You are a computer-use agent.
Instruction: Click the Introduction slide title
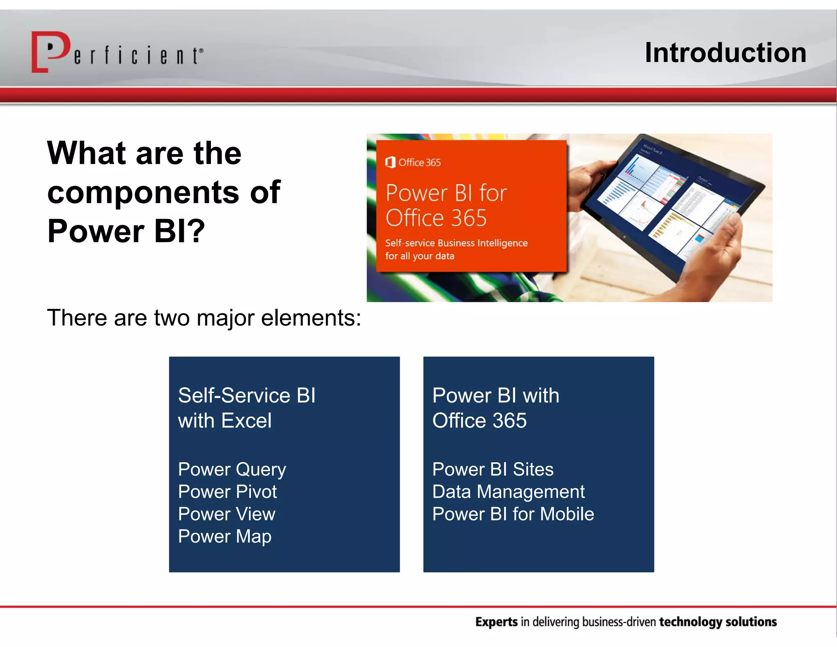[x=725, y=53]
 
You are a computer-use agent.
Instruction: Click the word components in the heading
[x=143, y=192]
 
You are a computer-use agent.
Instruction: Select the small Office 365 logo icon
[x=390, y=162]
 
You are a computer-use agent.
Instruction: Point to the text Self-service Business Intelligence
[x=456, y=243]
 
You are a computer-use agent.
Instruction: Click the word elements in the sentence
[x=311, y=318]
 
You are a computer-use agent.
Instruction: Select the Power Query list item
[x=232, y=470]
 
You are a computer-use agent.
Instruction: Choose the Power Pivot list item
[x=227, y=492]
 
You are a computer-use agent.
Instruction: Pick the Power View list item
[x=226, y=514]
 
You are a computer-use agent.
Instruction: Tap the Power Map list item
[x=224, y=537]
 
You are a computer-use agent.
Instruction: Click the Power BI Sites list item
[x=492, y=470]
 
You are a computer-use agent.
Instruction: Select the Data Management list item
[x=508, y=492]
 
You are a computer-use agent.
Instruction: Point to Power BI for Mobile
[x=513, y=514]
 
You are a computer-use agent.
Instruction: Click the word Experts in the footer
[x=496, y=622]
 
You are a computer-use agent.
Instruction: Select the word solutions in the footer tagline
[x=751, y=622]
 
